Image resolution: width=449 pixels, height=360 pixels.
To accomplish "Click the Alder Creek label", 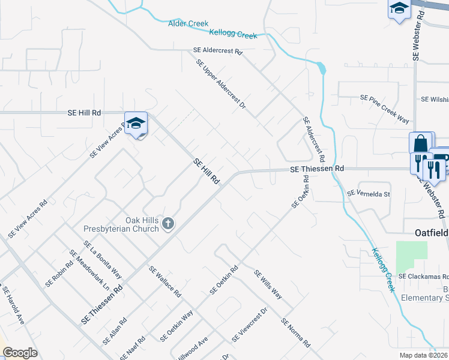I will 188,23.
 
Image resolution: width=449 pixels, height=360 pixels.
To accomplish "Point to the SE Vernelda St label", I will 369,194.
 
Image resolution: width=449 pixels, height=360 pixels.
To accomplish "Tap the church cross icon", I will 169,224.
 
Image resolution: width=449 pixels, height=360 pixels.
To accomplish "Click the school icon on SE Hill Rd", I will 136,124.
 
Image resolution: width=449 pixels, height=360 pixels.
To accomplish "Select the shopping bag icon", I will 421,144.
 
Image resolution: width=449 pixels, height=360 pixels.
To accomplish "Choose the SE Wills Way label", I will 268,284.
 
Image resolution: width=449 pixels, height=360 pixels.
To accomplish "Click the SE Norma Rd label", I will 295,333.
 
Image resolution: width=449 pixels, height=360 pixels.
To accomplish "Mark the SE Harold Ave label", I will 13,307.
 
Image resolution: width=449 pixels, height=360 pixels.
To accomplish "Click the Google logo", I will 20,353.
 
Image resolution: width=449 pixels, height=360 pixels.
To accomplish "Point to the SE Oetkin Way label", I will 176,326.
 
